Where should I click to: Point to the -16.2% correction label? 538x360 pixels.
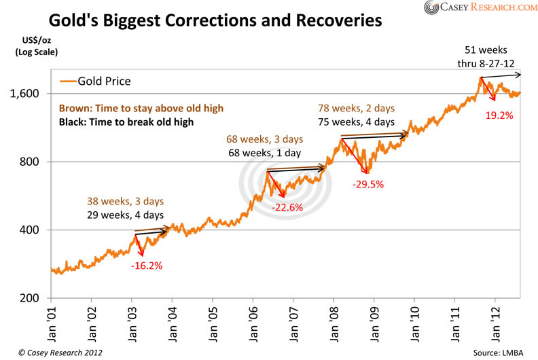[146, 266]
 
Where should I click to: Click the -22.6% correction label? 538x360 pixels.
[288, 208]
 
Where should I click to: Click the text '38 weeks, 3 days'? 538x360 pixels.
[125, 202]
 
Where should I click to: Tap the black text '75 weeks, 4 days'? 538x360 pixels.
[356, 122]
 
